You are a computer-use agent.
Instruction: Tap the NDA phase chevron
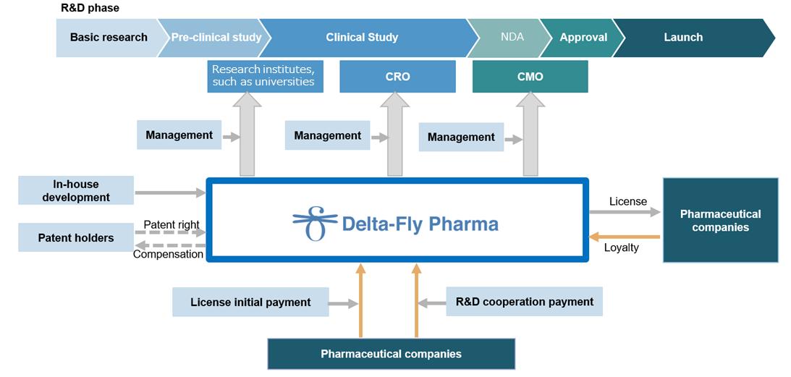509,38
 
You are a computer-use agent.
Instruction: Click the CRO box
397,77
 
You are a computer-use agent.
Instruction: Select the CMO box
530,77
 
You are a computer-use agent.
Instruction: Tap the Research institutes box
266,77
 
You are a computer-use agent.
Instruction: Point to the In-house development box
76,190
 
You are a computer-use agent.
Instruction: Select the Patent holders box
76,237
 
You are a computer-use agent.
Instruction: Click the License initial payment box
250,302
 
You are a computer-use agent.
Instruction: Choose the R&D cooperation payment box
525,302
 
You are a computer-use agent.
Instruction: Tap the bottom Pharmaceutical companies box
391,354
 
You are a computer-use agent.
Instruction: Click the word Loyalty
622,247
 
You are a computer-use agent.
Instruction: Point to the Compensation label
168,255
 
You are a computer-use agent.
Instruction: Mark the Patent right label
172,224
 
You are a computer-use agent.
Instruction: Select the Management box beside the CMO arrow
461,137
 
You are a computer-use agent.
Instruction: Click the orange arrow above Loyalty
625,236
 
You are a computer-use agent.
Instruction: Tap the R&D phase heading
89,9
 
